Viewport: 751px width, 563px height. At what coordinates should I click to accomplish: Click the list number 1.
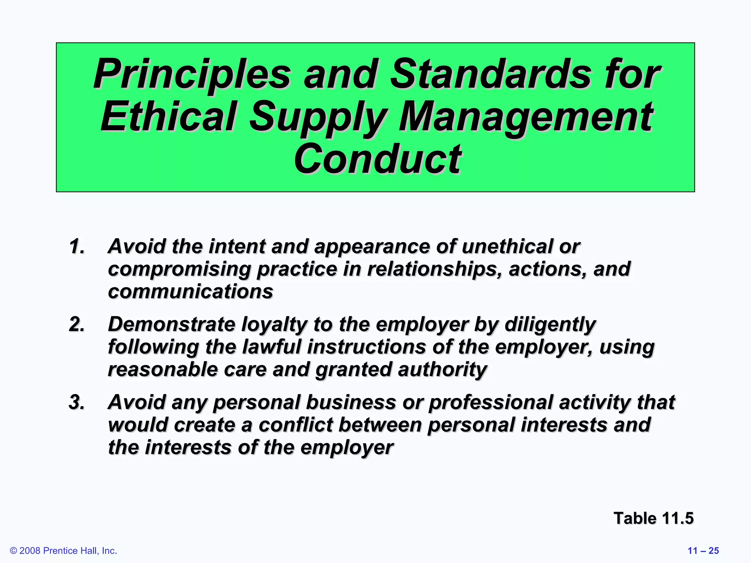pyautogui.click(x=77, y=246)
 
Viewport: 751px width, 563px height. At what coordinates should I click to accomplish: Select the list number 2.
pyautogui.click(x=77, y=324)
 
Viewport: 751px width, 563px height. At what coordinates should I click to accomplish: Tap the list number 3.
pyautogui.click(x=77, y=402)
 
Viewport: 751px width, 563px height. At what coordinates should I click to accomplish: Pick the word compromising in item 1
pyautogui.click(x=179, y=270)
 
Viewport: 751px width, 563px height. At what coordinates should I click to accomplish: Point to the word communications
pyautogui.click(x=190, y=292)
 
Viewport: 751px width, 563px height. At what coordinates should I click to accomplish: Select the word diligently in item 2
pyautogui.click(x=550, y=324)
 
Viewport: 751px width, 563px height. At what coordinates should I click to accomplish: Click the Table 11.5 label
pyautogui.click(x=653, y=518)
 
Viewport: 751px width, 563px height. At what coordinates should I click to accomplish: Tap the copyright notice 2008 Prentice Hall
pyautogui.click(x=63, y=551)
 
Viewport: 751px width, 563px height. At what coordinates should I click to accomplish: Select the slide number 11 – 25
pyautogui.click(x=703, y=551)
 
